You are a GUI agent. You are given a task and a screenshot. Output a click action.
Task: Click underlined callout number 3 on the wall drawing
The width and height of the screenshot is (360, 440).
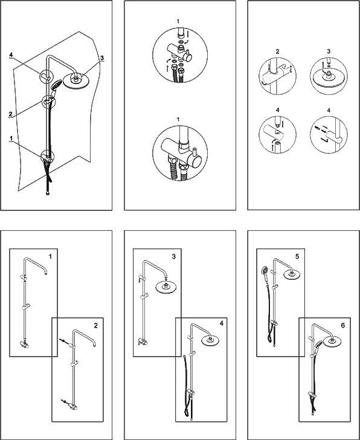(101, 58)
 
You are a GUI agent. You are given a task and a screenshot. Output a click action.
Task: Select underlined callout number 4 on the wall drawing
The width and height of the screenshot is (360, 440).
(11, 55)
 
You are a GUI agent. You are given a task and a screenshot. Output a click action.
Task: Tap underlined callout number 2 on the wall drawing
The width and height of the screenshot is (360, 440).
(10, 114)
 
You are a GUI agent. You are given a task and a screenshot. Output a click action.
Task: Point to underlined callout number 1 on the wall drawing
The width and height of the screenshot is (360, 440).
(11, 138)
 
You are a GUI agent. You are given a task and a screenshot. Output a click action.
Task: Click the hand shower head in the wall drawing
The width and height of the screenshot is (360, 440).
(56, 84)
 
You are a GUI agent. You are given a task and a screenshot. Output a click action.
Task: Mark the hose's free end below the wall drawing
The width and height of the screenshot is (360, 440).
(48, 193)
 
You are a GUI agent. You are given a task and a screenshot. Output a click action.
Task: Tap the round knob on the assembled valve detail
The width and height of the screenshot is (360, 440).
(195, 161)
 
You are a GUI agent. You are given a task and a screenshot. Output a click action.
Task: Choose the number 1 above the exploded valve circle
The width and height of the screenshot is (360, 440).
(178, 21)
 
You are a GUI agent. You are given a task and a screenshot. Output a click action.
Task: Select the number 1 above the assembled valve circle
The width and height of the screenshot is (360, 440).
(178, 120)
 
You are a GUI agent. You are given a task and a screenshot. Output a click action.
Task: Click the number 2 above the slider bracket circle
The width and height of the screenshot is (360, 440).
(278, 51)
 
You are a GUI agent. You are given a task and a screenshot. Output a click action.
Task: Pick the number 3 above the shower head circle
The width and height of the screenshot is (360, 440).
(329, 51)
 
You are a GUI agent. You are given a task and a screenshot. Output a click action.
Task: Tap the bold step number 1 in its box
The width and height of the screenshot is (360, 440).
(50, 256)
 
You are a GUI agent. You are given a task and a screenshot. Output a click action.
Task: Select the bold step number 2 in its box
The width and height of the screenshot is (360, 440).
(96, 326)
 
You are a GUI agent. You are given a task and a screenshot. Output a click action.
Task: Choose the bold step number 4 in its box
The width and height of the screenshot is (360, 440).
(222, 323)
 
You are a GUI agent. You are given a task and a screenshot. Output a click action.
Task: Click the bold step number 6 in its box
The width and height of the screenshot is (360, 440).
(343, 325)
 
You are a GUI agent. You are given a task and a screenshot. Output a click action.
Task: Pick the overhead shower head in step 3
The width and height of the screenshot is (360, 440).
(166, 287)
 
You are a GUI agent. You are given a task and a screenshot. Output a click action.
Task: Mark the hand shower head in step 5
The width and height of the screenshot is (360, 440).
(265, 271)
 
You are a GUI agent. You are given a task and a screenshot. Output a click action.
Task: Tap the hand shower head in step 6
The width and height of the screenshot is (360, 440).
(319, 344)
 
